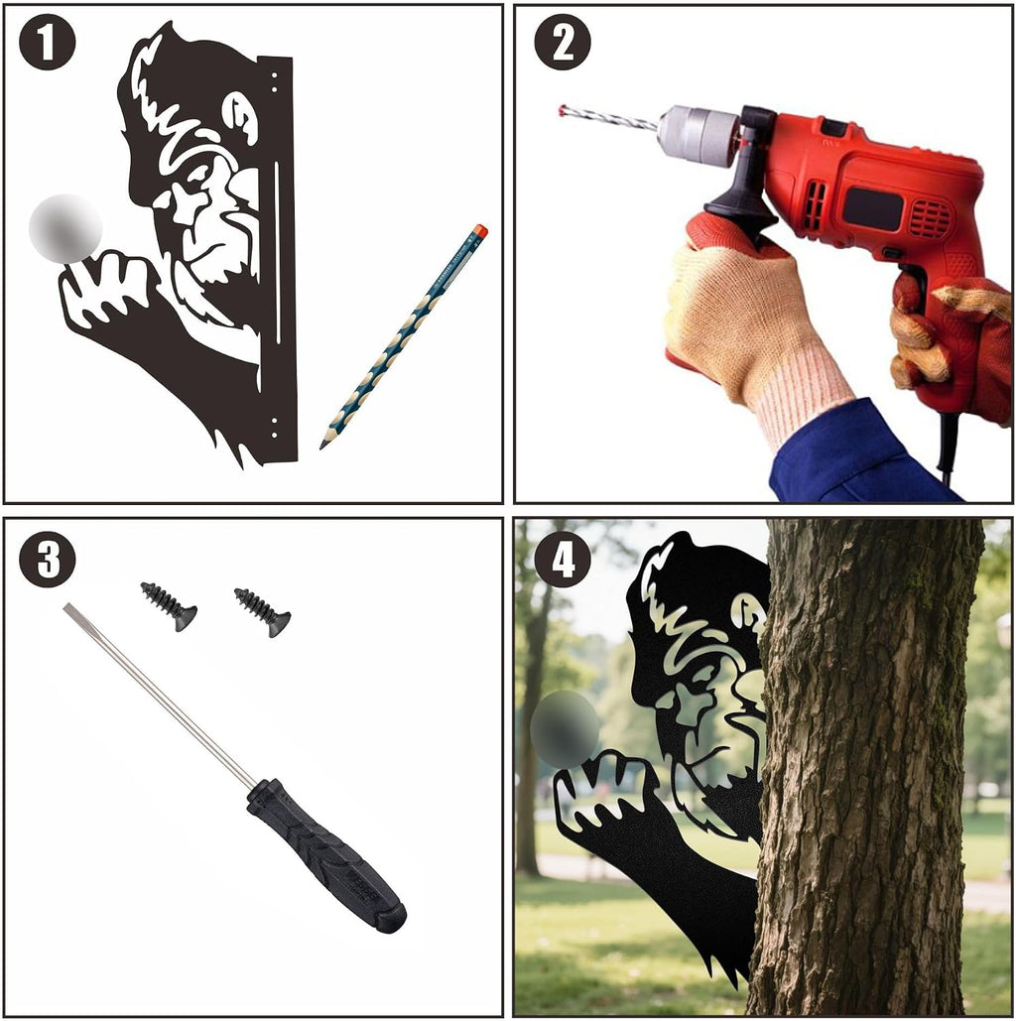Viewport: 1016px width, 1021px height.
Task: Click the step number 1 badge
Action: point(47,42)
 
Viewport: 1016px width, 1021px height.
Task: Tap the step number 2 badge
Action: point(563,42)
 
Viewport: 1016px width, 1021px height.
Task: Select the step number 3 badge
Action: point(47,559)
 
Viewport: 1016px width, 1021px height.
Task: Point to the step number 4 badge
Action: point(563,559)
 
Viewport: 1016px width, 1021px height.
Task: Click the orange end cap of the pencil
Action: point(479,231)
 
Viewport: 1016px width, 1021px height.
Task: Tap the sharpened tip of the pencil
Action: point(321,447)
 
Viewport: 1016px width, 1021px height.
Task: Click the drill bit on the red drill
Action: point(608,118)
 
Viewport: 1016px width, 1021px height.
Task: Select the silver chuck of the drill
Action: point(697,135)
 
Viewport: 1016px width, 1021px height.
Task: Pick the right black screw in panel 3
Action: point(263,612)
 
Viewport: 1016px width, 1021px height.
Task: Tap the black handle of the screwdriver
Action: point(326,854)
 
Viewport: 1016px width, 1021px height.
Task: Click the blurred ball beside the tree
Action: point(565,728)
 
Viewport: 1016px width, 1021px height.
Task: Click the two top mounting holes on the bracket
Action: point(274,82)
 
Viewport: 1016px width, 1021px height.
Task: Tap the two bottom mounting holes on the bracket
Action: point(274,427)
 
